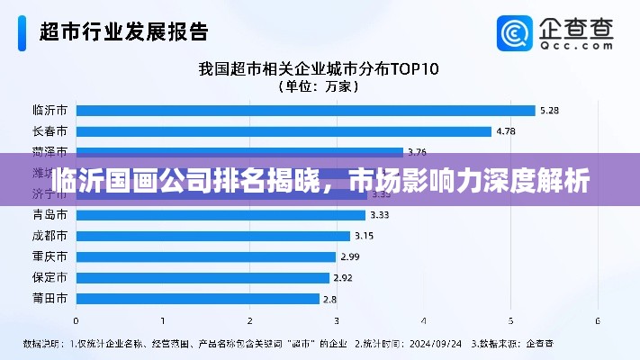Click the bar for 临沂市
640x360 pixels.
(x=305, y=111)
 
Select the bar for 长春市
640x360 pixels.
(x=284, y=131)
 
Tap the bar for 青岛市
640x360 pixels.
(x=221, y=215)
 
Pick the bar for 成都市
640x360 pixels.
(x=213, y=236)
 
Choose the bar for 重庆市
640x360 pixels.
(x=206, y=256)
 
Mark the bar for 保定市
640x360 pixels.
(x=203, y=277)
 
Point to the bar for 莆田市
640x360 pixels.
(x=198, y=298)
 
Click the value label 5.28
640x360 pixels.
(x=549, y=111)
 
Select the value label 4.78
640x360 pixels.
(x=506, y=131)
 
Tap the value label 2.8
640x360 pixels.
(x=329, y=298)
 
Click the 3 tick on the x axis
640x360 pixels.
(x=337, y=320)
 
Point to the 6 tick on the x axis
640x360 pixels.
(x=598, y=320)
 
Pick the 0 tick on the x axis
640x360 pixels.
(x=76, y=320)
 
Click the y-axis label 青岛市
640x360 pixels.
(x=50, y=215)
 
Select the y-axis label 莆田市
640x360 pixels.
(x=50, y=298)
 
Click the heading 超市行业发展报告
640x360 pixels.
(x=123, y=32)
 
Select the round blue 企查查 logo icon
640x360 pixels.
(x=517, y=33)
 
